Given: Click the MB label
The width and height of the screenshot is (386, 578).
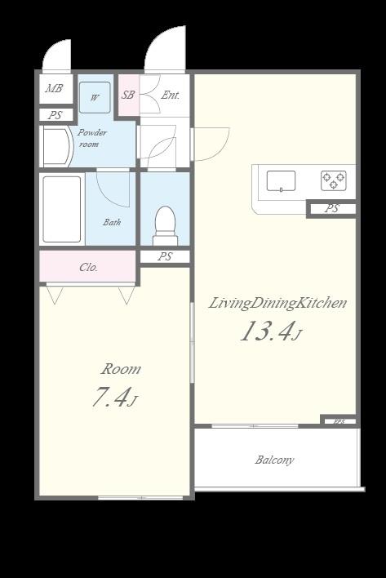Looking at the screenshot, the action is [x=54, y=88].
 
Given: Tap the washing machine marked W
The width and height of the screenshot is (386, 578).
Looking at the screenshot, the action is [x=95, y=97].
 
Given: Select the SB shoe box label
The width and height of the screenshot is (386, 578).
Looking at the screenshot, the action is [x=128, y=95].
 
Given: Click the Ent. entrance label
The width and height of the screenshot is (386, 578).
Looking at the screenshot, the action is [x=171, y=95].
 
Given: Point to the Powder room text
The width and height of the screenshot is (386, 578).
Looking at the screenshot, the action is [x=91, y=138].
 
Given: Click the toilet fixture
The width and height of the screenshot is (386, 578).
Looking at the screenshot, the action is [x=165, y=225].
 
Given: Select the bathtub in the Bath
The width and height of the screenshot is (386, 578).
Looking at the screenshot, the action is [x=62, y=209].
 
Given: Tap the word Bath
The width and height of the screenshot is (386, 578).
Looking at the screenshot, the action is [x=112, y=222].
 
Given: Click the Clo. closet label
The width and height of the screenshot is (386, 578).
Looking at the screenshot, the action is [x=88, y=267].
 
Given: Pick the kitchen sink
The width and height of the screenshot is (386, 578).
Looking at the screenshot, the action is [x=281, y=180].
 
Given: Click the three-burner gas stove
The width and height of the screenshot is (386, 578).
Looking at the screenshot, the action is [x=333, y=180].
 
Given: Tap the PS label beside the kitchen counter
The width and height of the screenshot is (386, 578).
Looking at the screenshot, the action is [x=332, y=209].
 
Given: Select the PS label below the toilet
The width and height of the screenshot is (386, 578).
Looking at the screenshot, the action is [x=165, y=256].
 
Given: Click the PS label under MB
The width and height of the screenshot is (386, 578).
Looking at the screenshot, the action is [x=55, y=115].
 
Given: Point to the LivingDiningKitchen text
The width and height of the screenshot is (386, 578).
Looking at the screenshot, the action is [x=277, y=304].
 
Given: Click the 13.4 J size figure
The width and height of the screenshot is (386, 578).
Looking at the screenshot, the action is [x=271, y=331].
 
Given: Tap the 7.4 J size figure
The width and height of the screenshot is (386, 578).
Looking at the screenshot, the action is [x=114, y=397].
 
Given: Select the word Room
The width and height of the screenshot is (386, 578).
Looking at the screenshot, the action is [x=121, y=369].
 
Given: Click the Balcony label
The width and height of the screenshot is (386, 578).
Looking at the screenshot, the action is [x=274, y=460].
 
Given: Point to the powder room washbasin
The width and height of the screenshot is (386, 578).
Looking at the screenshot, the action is [x=57, y=147].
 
